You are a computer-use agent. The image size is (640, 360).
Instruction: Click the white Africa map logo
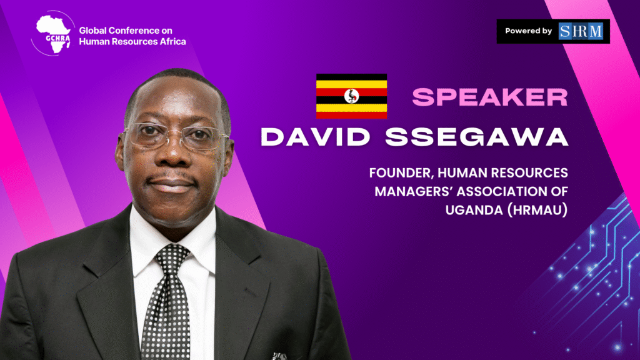pyautogui.click(x=54, y=34)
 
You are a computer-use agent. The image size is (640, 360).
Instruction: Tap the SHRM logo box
pyautogui.click(x=581, y=31)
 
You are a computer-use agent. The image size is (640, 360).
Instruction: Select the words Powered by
pyautogui.click(x=528, y=31)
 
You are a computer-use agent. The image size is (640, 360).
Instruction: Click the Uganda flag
pyautogui.click(x=351, y=96)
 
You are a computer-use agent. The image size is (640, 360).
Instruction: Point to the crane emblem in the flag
pyautogui.click(x=351, y=96)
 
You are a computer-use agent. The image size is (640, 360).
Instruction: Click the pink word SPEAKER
pyautogui.click(x=490, y=97)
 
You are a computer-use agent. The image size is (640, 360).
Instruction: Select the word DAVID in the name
pyautogui.click(x=315, y=137)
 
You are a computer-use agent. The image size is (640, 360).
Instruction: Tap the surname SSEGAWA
pyautogui.click(x=477, y=137)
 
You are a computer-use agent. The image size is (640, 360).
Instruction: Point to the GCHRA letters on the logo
pyautogui.click(x=58, y=38)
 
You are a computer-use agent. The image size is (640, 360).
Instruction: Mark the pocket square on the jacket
pyautogui.click(x=279, y=356)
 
